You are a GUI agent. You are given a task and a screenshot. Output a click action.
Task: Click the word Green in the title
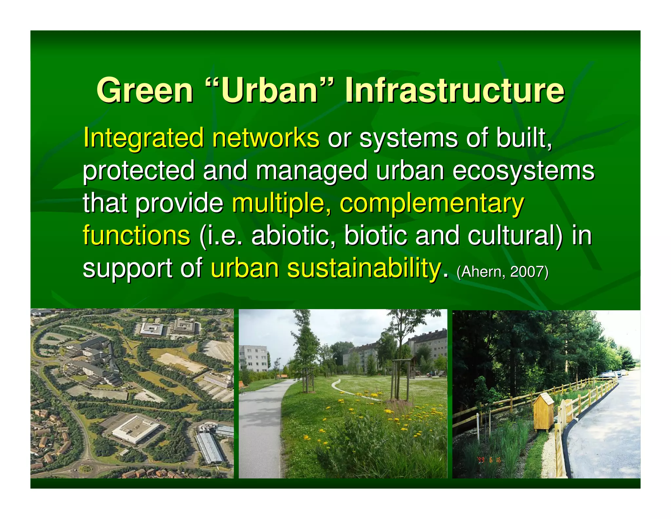pyautogui.click(x=145, y=91)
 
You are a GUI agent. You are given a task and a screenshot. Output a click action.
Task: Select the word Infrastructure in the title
pyautogui.click(x=455, y=91)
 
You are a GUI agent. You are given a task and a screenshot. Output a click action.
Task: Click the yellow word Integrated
pyautogui.click(x=144, y=138)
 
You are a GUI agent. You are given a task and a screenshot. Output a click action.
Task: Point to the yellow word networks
pyautogui.click(x=265, y=138)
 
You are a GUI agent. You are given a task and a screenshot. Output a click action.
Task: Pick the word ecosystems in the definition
pyautogui.click(x=523, y=171)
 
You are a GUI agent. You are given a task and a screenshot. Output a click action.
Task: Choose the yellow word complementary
pyautogui.click(x=432, y=203)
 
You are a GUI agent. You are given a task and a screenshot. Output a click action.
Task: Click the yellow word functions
pyautogui.click(x=136, y=235)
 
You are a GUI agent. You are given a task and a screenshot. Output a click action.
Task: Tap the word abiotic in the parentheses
pyautogui.click(x=290, y=235)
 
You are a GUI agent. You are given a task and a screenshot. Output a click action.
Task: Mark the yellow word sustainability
pyautogui.click(x=364, y=268)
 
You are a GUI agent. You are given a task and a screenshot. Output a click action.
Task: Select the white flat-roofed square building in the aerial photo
pyautogui.click(x=135, y=428)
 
